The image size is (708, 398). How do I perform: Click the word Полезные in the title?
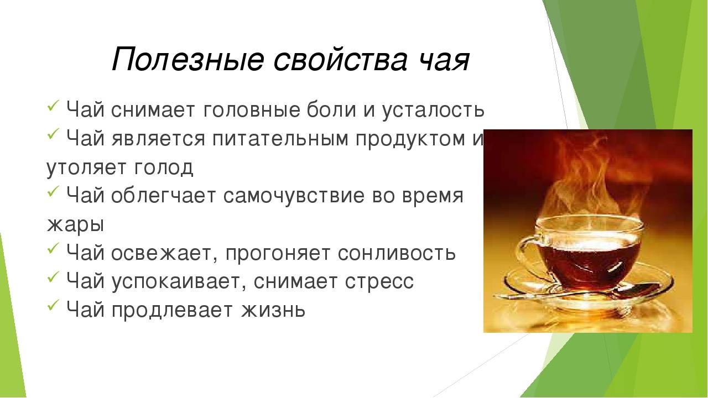[x=188, y=59]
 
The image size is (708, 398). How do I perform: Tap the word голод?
[x=163, y=167]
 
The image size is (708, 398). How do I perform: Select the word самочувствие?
[x=294, y=196]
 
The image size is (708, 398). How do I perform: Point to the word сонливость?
[x=397, y=253]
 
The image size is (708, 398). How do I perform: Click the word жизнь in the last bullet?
[x=273, y=310]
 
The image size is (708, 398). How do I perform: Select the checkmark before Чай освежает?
[x=53, y=248]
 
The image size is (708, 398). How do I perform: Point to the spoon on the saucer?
[x=579, y=293]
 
